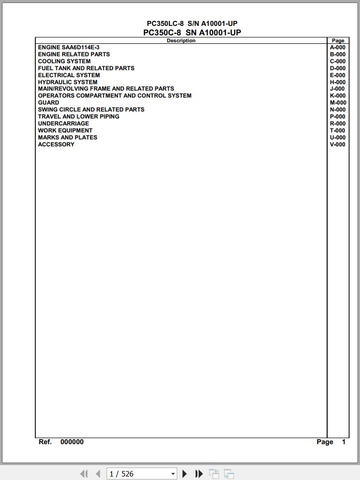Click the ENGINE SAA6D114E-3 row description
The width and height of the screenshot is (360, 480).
(x=69, y=47)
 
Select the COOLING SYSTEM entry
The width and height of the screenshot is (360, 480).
(x=64, y=61)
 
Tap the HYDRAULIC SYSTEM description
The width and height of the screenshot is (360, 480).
(x=68, y=82)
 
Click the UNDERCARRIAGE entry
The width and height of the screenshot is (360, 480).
(x=63, y=123)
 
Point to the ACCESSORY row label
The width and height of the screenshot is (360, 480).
(x=56, y=144)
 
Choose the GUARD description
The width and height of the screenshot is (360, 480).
(x=48, y=103)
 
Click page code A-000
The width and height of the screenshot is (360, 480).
(x=338, y=47)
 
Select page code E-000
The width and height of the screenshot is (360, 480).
(x=338, y=75)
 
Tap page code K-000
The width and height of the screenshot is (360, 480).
(x=338, y=96)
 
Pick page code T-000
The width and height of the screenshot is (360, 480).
(x=338, y=130)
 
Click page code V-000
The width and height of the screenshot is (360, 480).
(x=338, y=144)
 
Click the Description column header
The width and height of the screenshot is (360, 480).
(x=181, y=41)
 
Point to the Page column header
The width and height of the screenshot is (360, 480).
(x=338, y=41)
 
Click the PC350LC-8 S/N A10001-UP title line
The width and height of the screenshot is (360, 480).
(x=192, y=23)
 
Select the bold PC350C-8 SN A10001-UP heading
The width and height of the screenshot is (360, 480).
(x=192, y=33)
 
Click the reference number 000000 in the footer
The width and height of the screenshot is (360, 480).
(x=72, y=442)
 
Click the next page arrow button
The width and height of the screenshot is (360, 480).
(x=185, y=474)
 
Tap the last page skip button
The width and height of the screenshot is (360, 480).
(x=199, y=474)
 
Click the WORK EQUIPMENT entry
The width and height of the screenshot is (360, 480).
(x=65, y=130)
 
